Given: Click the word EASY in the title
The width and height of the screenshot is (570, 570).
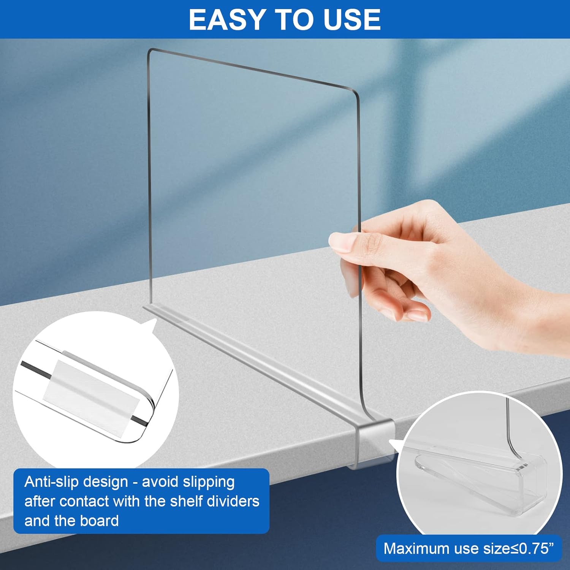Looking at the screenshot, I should point(226,20).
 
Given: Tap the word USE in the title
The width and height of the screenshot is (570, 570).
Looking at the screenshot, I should point(352,20).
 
